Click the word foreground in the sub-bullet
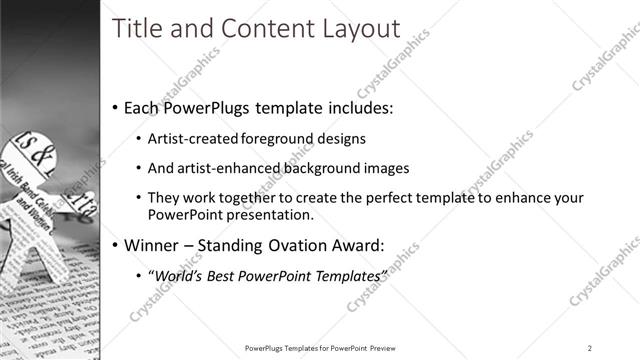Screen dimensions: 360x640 click(x=284, y=139)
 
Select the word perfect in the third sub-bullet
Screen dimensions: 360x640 click(x=377, y=198)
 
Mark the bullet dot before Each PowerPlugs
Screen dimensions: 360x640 click(x=116, y=107)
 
